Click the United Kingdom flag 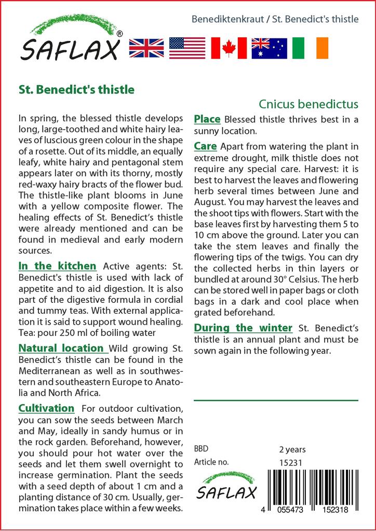click(x=146, y=47)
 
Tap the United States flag click(x=187, y=47)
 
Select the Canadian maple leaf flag click(x=229, y=47)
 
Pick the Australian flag click(x=270, y=47)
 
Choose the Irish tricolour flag click(x=310, y=47)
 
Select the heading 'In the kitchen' click(x=57, y=266)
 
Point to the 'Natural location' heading click(x=61, y=348)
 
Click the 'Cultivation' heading click(x=46, y=408)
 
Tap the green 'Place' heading click(x=207, y=119)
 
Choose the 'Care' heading click(x=205, y=146)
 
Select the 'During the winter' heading click(x=243, y=328)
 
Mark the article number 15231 click(x=291, y=462)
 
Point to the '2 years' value click(x=292, y=449)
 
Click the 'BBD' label click(x=201, y=449)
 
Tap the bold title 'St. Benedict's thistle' click(x=76, y=89)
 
